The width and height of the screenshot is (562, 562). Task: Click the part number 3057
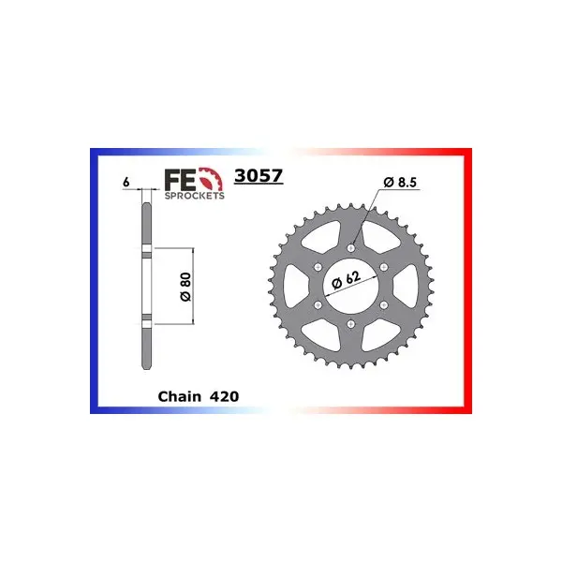click(259, 176)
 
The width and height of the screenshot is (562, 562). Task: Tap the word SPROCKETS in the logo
click(195, 196)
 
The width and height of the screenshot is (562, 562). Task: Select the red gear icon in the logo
click(211, 178)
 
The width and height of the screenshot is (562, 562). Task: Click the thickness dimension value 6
click(126, 182)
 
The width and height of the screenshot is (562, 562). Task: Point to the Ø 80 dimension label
click(186, 287)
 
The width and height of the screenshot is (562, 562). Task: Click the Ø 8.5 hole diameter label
click(400, 182)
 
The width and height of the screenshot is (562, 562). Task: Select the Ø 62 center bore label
click(347, 278)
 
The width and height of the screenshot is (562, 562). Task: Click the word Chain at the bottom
click(180, 396)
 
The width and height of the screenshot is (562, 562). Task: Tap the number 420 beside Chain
click(225, 396)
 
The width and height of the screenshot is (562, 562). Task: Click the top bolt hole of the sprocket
click(351, 248)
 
